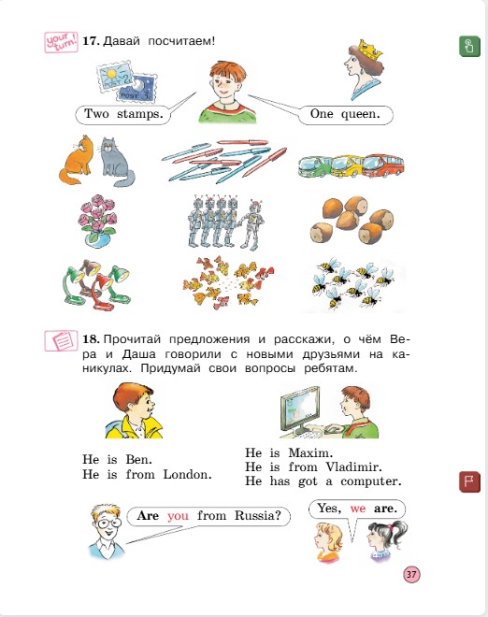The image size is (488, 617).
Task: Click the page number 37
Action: (411, 574)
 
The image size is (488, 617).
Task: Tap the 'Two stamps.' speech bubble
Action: (123, 115)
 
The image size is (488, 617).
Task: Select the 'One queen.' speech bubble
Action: (344, 115)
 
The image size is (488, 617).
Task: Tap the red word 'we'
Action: (357, 509)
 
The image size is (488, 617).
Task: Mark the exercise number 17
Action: (90, 41)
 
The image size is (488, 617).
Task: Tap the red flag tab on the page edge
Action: (466, 483)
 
